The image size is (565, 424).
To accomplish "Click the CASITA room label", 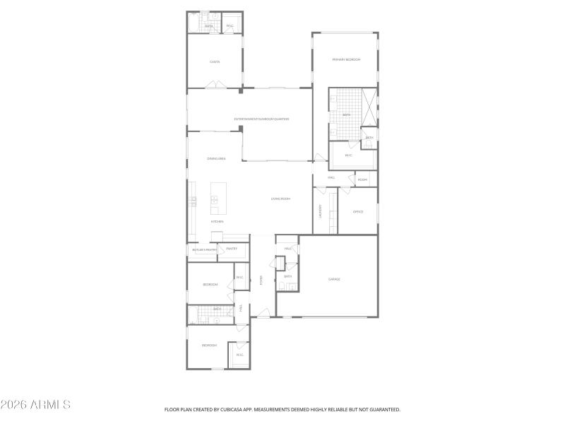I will [x=215, y=62].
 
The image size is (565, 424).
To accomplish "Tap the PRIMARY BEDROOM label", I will [x=346, y=60].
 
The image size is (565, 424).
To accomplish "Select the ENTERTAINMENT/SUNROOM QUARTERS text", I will [x=262, y=119].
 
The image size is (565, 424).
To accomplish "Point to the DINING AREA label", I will [x=216, y=159].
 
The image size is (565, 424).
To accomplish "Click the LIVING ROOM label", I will [x=280, y=199].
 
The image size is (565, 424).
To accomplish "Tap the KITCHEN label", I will [x=216, y=221].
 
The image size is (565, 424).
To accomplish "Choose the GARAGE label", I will [x=334, y=279].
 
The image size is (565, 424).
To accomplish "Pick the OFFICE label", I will [x=358, y=211].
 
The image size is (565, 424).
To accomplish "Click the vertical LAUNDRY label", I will [x=320, y=211].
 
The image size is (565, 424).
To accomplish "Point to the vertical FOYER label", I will [x=261, y=280].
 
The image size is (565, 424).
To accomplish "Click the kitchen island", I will [x=219, y=199].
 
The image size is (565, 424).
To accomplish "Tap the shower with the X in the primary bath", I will [x=369, y=107].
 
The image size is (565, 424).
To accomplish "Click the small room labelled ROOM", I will [x=362, y=179].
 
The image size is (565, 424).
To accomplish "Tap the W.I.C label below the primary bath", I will [x=348, y=155].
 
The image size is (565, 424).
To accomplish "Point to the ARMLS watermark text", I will [x=35, y=405].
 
